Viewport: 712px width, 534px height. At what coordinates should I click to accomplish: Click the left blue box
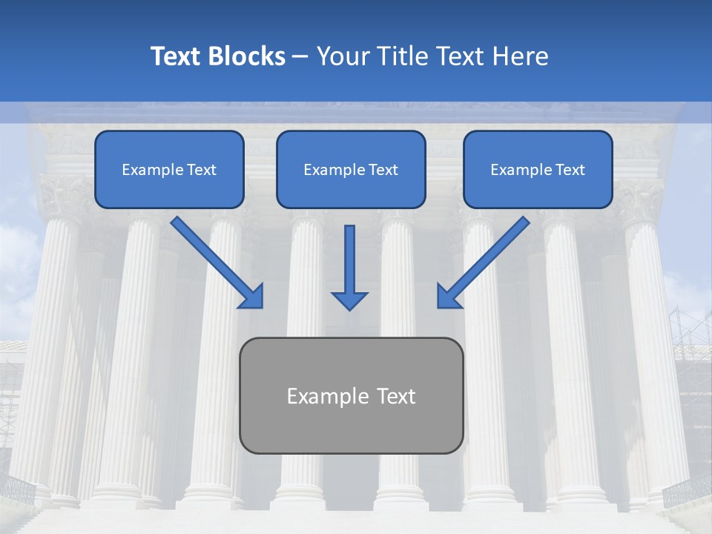click(169, 169)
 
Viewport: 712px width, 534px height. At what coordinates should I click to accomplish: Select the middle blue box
click(351, 169)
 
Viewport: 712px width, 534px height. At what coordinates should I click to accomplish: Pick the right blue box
click(538, 169)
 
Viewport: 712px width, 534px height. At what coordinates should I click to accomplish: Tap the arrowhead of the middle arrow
click(349, 300)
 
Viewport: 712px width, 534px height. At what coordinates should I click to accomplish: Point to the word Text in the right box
click(570, 170)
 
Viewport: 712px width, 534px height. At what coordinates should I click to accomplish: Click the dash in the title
click(300, 57)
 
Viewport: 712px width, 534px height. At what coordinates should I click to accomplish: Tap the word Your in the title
click(340, 56)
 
